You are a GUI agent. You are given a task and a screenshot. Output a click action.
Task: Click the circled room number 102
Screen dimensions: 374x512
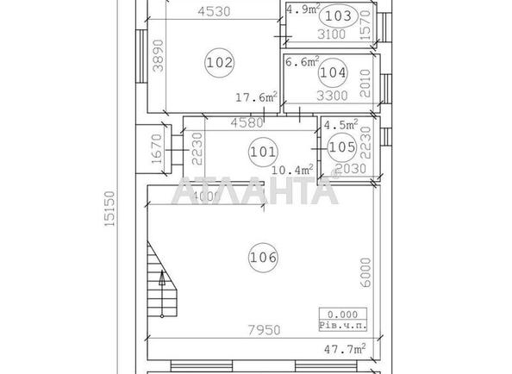click(220, 62)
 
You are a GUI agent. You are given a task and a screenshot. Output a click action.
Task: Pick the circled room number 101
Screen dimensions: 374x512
click(262, 152)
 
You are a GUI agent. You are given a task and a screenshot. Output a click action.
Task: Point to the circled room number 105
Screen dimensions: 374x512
click(342, 148)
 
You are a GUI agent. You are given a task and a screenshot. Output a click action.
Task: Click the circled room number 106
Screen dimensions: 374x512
click(264, 256)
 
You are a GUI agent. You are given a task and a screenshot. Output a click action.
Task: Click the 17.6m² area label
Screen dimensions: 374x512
click(256, 97)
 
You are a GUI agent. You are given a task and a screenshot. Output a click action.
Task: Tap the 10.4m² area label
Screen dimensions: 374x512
click(293, 170)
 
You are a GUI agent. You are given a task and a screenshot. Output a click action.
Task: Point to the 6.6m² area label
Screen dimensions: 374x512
click(303, 61)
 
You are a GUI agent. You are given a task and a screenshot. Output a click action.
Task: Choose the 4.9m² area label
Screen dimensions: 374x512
click(303, 9)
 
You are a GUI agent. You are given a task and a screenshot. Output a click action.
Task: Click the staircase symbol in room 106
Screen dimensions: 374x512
click(159, 278)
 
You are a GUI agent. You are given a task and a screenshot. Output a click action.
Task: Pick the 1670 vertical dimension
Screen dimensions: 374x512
click(156, 148)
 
